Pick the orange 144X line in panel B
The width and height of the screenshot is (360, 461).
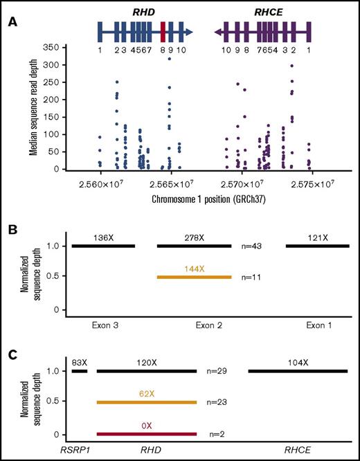[195, 277]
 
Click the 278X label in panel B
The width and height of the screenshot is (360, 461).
[195, 237]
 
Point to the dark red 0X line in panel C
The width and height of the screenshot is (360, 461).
[147, 435]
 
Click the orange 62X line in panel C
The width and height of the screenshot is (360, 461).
[147, 402]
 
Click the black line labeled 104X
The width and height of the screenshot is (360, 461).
[298, 371]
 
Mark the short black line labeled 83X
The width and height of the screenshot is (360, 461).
[80, 371]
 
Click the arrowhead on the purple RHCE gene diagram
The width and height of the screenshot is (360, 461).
[218, 32]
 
